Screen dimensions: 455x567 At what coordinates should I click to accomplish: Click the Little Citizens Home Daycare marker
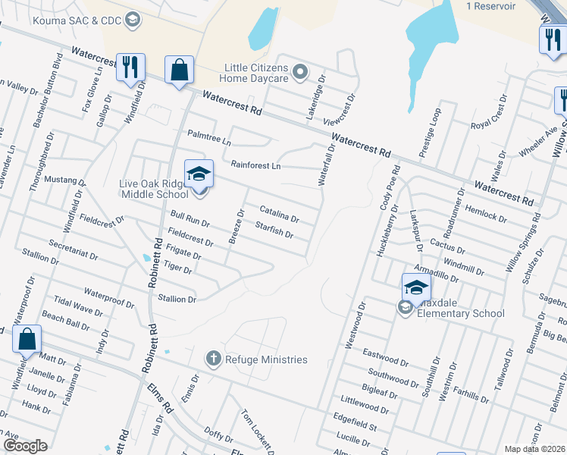300,73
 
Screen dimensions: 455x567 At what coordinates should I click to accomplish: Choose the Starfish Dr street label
274,229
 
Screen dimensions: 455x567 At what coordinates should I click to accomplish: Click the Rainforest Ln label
255,165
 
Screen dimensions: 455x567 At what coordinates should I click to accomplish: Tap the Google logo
25,446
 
